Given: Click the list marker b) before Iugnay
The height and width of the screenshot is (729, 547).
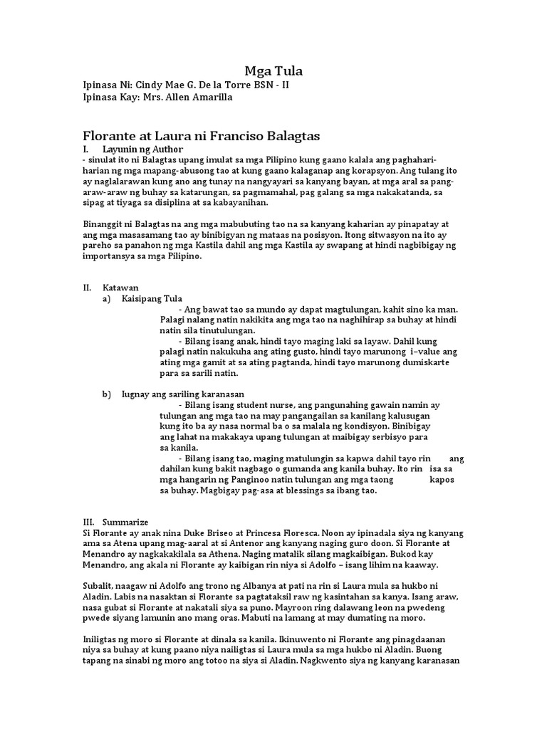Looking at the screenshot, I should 107,394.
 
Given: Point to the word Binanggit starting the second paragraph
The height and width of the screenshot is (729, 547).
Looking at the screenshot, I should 105,225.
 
